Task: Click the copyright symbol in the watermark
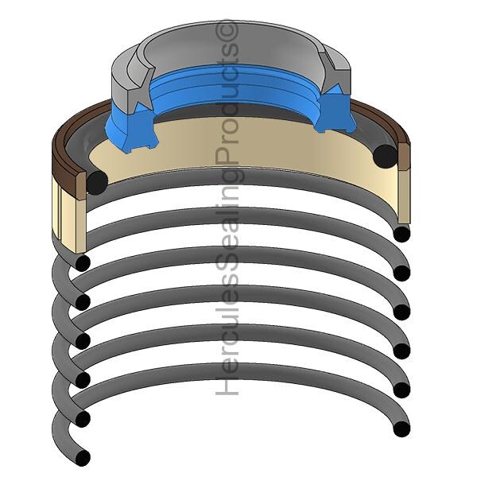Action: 227,30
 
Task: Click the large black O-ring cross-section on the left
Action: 97,183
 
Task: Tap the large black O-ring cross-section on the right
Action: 385,156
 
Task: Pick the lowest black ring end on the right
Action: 401,429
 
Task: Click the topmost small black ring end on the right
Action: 401,234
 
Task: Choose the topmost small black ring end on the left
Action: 83,263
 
